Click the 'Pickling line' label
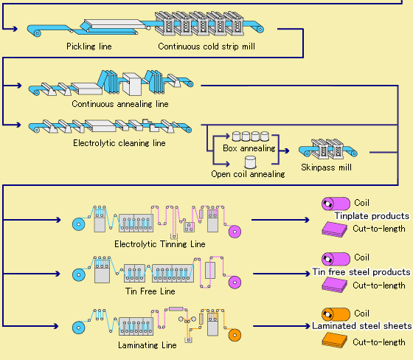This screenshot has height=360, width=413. coord(89,46)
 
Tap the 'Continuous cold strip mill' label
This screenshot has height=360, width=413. coord(206,46)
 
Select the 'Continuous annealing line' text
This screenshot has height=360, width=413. coord(120,104)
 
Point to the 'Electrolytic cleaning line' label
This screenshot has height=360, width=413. coord(119,143)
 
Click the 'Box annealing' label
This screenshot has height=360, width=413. coord(249,148)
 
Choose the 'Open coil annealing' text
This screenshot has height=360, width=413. coord(248,174)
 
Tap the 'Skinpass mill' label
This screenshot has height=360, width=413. coord(326,167)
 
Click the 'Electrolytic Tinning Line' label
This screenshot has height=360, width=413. coord(160,244)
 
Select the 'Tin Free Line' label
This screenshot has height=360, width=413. coord(150,291)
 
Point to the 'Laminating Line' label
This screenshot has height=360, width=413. coord(147,345)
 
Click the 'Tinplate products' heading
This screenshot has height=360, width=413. coord(372,216)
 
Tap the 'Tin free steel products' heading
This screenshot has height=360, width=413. coord(361,271)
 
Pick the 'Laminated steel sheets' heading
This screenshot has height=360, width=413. coord(362,326)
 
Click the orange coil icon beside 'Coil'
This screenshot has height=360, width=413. coord(336,314)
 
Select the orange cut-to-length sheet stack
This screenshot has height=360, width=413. coord(335,340)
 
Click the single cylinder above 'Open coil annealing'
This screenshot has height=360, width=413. coord(250,162)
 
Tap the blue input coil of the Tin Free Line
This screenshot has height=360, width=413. coord(79,275)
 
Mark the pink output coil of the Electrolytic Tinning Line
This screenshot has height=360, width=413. coord(235,232)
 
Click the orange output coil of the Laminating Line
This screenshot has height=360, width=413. coord(235,335)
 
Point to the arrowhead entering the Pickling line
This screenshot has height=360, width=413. coord(15,29)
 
